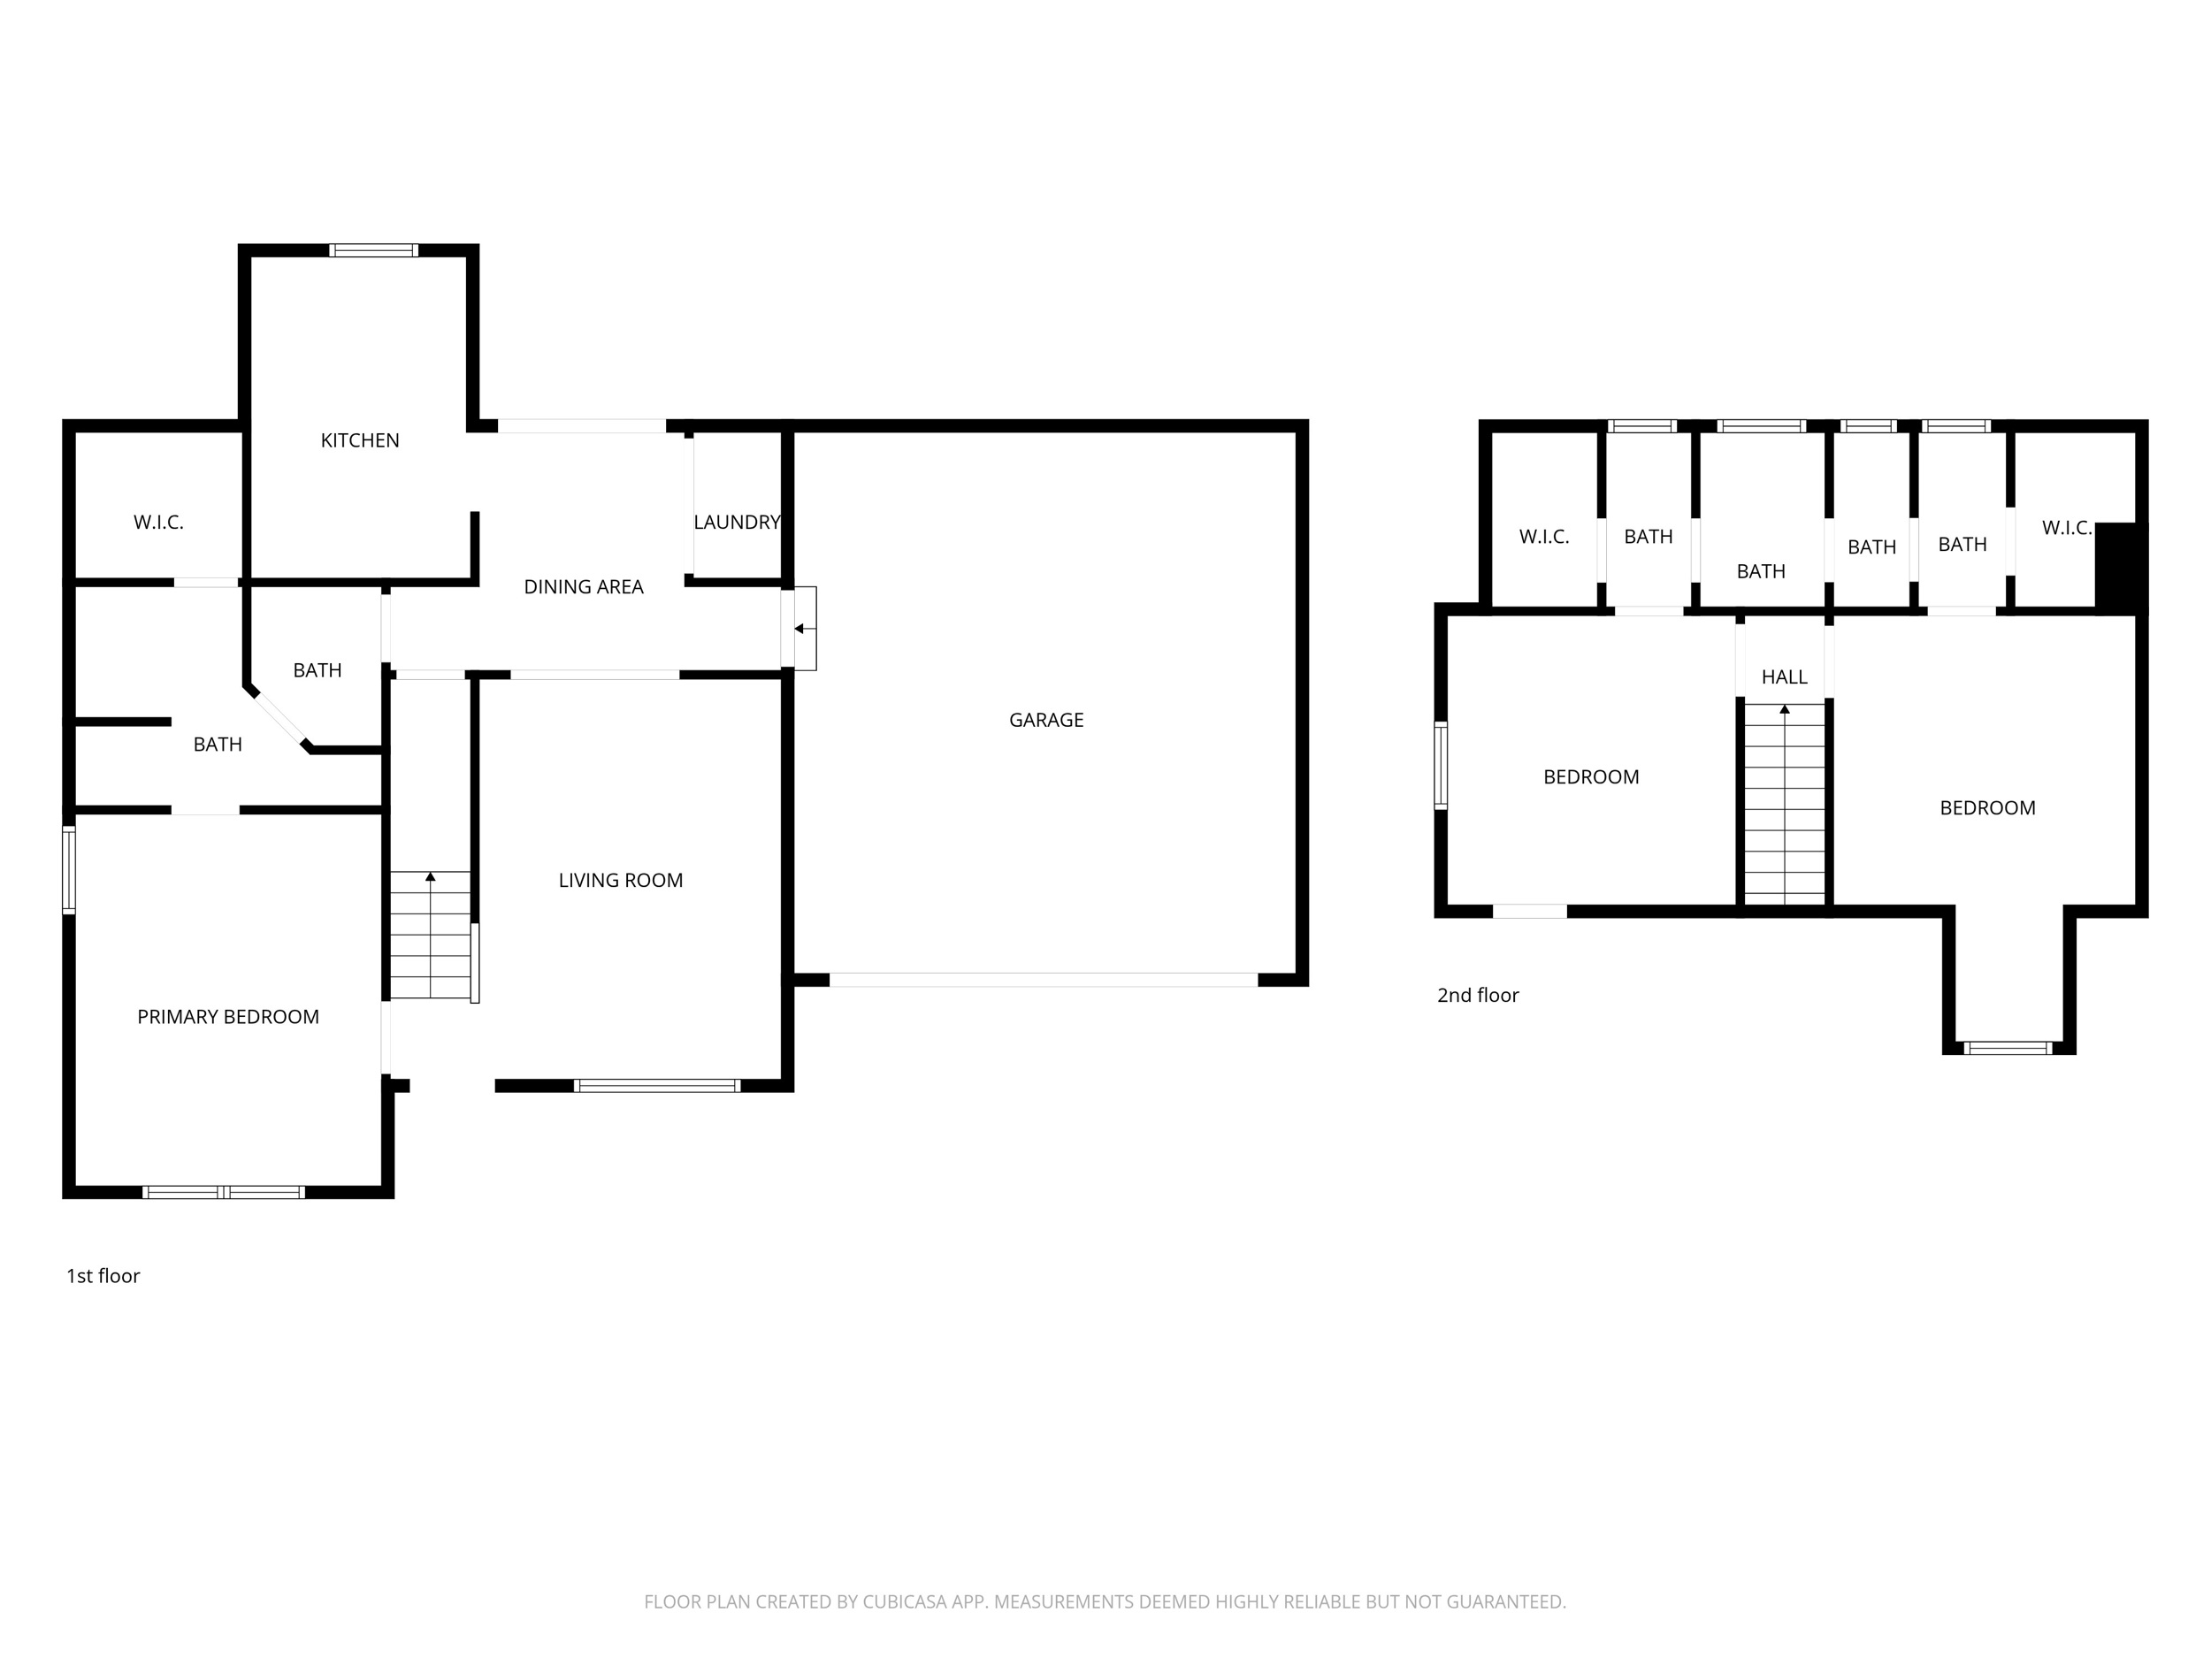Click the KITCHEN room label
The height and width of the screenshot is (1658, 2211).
[360, 440]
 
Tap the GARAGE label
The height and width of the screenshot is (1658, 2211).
[1046, 720]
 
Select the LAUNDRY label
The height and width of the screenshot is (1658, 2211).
[737, 522]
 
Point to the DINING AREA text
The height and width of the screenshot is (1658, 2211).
[584, 586]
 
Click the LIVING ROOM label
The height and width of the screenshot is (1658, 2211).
[621, 881]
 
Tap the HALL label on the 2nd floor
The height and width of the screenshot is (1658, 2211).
[1784, 677]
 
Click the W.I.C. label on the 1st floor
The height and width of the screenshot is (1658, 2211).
[159, 523]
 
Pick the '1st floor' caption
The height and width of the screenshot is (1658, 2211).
[103, 1276]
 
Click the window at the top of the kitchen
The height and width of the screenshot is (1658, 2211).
[374, 250]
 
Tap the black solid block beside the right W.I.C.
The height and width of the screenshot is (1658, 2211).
[2120, 567]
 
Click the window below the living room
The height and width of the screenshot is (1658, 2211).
[657, 1085]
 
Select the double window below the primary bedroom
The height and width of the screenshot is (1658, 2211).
[224, 1192]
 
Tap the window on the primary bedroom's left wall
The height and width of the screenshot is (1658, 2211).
[69, 869]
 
